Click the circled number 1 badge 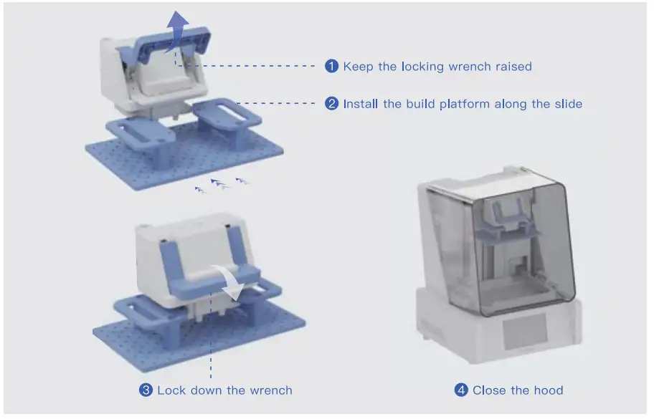[x=331, y=66]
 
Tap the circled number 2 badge [x=331, y=103]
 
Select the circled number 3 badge [x=146, y=390]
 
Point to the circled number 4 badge [x=461, y=390]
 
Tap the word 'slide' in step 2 [x=569, y=104]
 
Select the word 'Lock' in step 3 [x=171, y=390]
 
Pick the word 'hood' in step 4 [x=549, y=390]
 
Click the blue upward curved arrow [x=177, y=32]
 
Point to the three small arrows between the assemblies [x=222, y=186]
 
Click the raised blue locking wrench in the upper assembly [x=165, y=46]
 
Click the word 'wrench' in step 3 [x=271, y=390]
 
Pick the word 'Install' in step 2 [x=361, y=104]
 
